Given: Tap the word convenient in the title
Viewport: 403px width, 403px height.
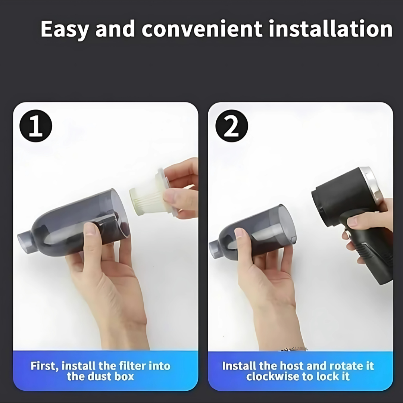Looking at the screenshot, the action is [202, 28].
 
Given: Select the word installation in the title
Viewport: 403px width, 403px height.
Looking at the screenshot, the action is [331, 28].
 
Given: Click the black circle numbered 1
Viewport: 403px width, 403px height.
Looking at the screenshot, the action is [36, 126].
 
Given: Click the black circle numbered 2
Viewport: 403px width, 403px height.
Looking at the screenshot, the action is [232, 126].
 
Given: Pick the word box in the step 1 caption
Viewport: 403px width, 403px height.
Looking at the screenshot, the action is [124, 377].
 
